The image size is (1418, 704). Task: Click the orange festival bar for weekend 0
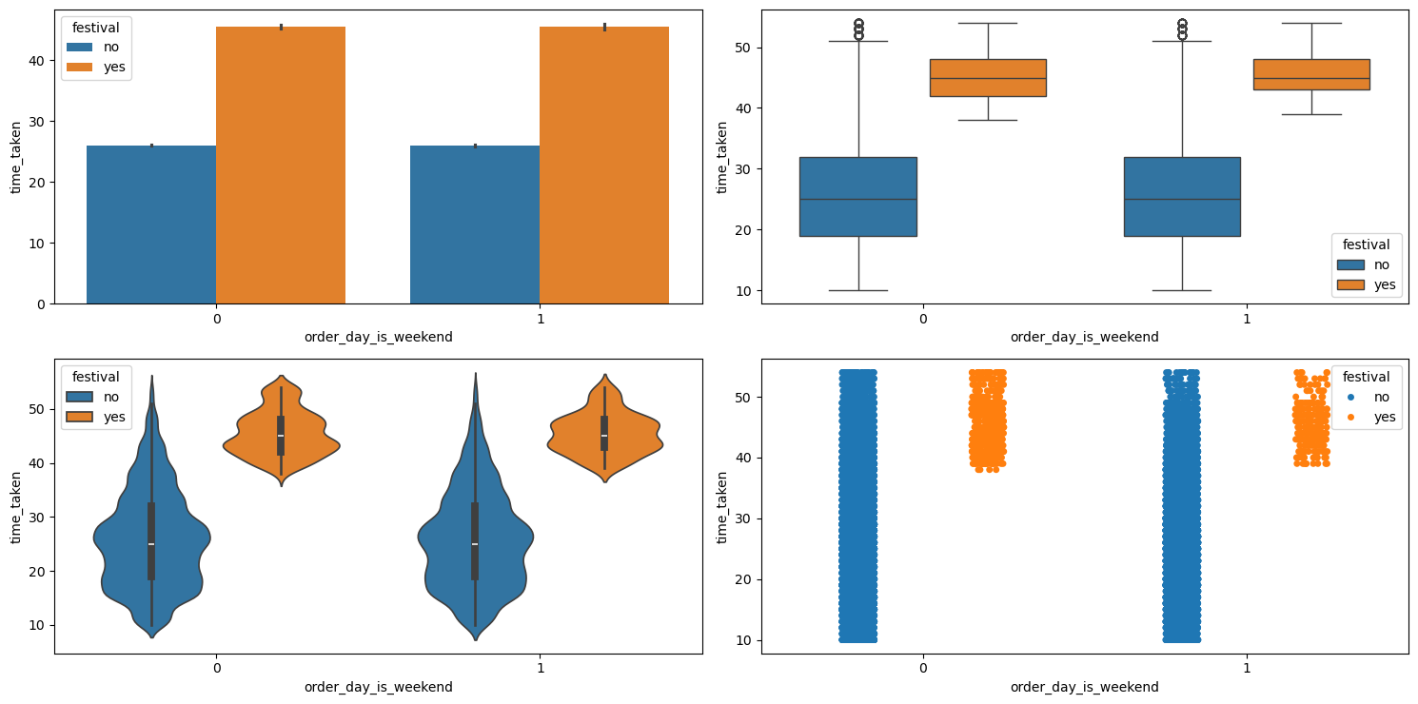click(x=281, y=166)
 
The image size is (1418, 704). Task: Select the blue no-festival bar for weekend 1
click(x=475, y=225)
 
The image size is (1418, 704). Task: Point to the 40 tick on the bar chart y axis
click(x=40, y=61)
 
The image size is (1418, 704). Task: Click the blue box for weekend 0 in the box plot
click(x=857, y=196)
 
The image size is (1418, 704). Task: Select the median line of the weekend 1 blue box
click(x=1182, y=199)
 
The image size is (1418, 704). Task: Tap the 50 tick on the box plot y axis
click(x=747, y=48)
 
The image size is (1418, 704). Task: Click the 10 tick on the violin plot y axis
click(x=40, y=625)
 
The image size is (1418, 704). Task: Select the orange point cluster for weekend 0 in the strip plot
click(x=988, y=419)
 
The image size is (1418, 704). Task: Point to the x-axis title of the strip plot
click(x=1084, y=687)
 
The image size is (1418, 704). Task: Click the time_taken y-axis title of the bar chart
click(x=15, y=157)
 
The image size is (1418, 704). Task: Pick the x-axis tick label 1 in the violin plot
click(x=541, y=667)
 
